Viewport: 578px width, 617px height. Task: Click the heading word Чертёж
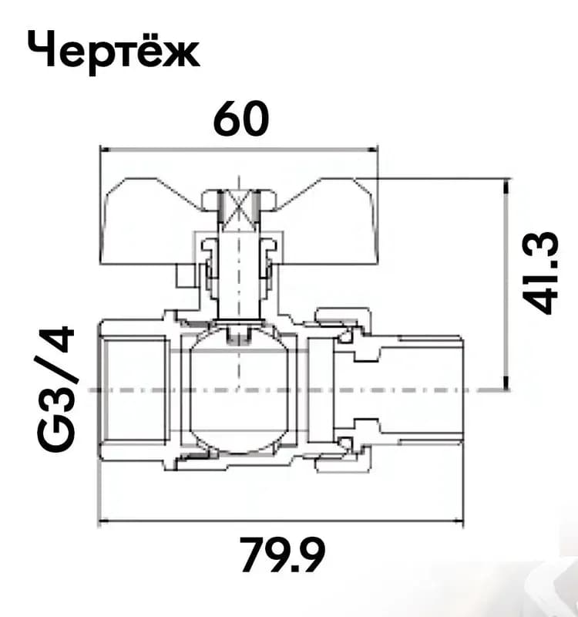pos(113,52)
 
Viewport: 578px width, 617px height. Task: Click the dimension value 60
pos(241,119)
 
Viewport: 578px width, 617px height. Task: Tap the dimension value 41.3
pos(540,274)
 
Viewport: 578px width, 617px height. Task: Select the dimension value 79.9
pos(283,555)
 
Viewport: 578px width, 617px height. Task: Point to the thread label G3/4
pos(55,389)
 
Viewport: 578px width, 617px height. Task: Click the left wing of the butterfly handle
pos(150,221)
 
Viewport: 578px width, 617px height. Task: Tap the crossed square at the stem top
pos(239,211)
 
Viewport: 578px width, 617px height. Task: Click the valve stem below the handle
pos(239,275)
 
